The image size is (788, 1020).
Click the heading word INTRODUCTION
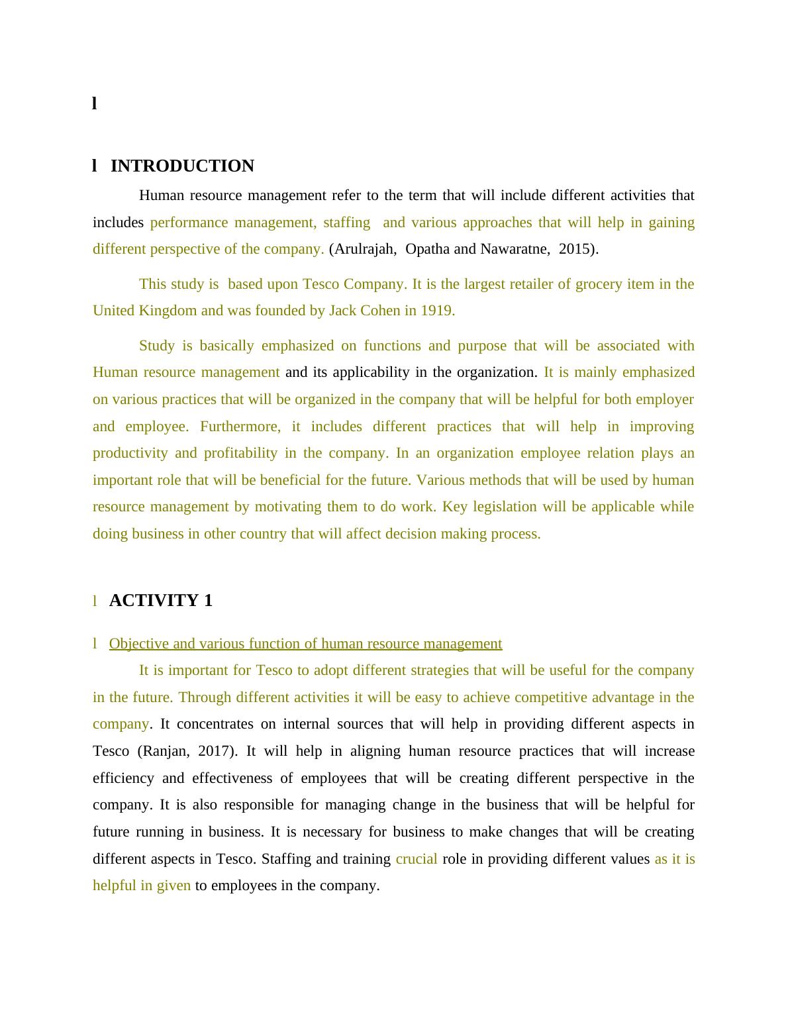[x=182, y=166]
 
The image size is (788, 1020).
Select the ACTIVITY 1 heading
[x=160, y=601]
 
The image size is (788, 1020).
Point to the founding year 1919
[x=437, y=311]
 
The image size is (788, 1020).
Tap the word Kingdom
[x=164, y=311]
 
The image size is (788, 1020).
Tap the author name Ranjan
[x=163, y=751]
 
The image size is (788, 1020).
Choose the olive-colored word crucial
[x=417, y=859]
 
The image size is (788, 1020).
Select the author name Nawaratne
[x=514, y=249]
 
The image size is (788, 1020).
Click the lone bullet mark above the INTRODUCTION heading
[x=95, y=103]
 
